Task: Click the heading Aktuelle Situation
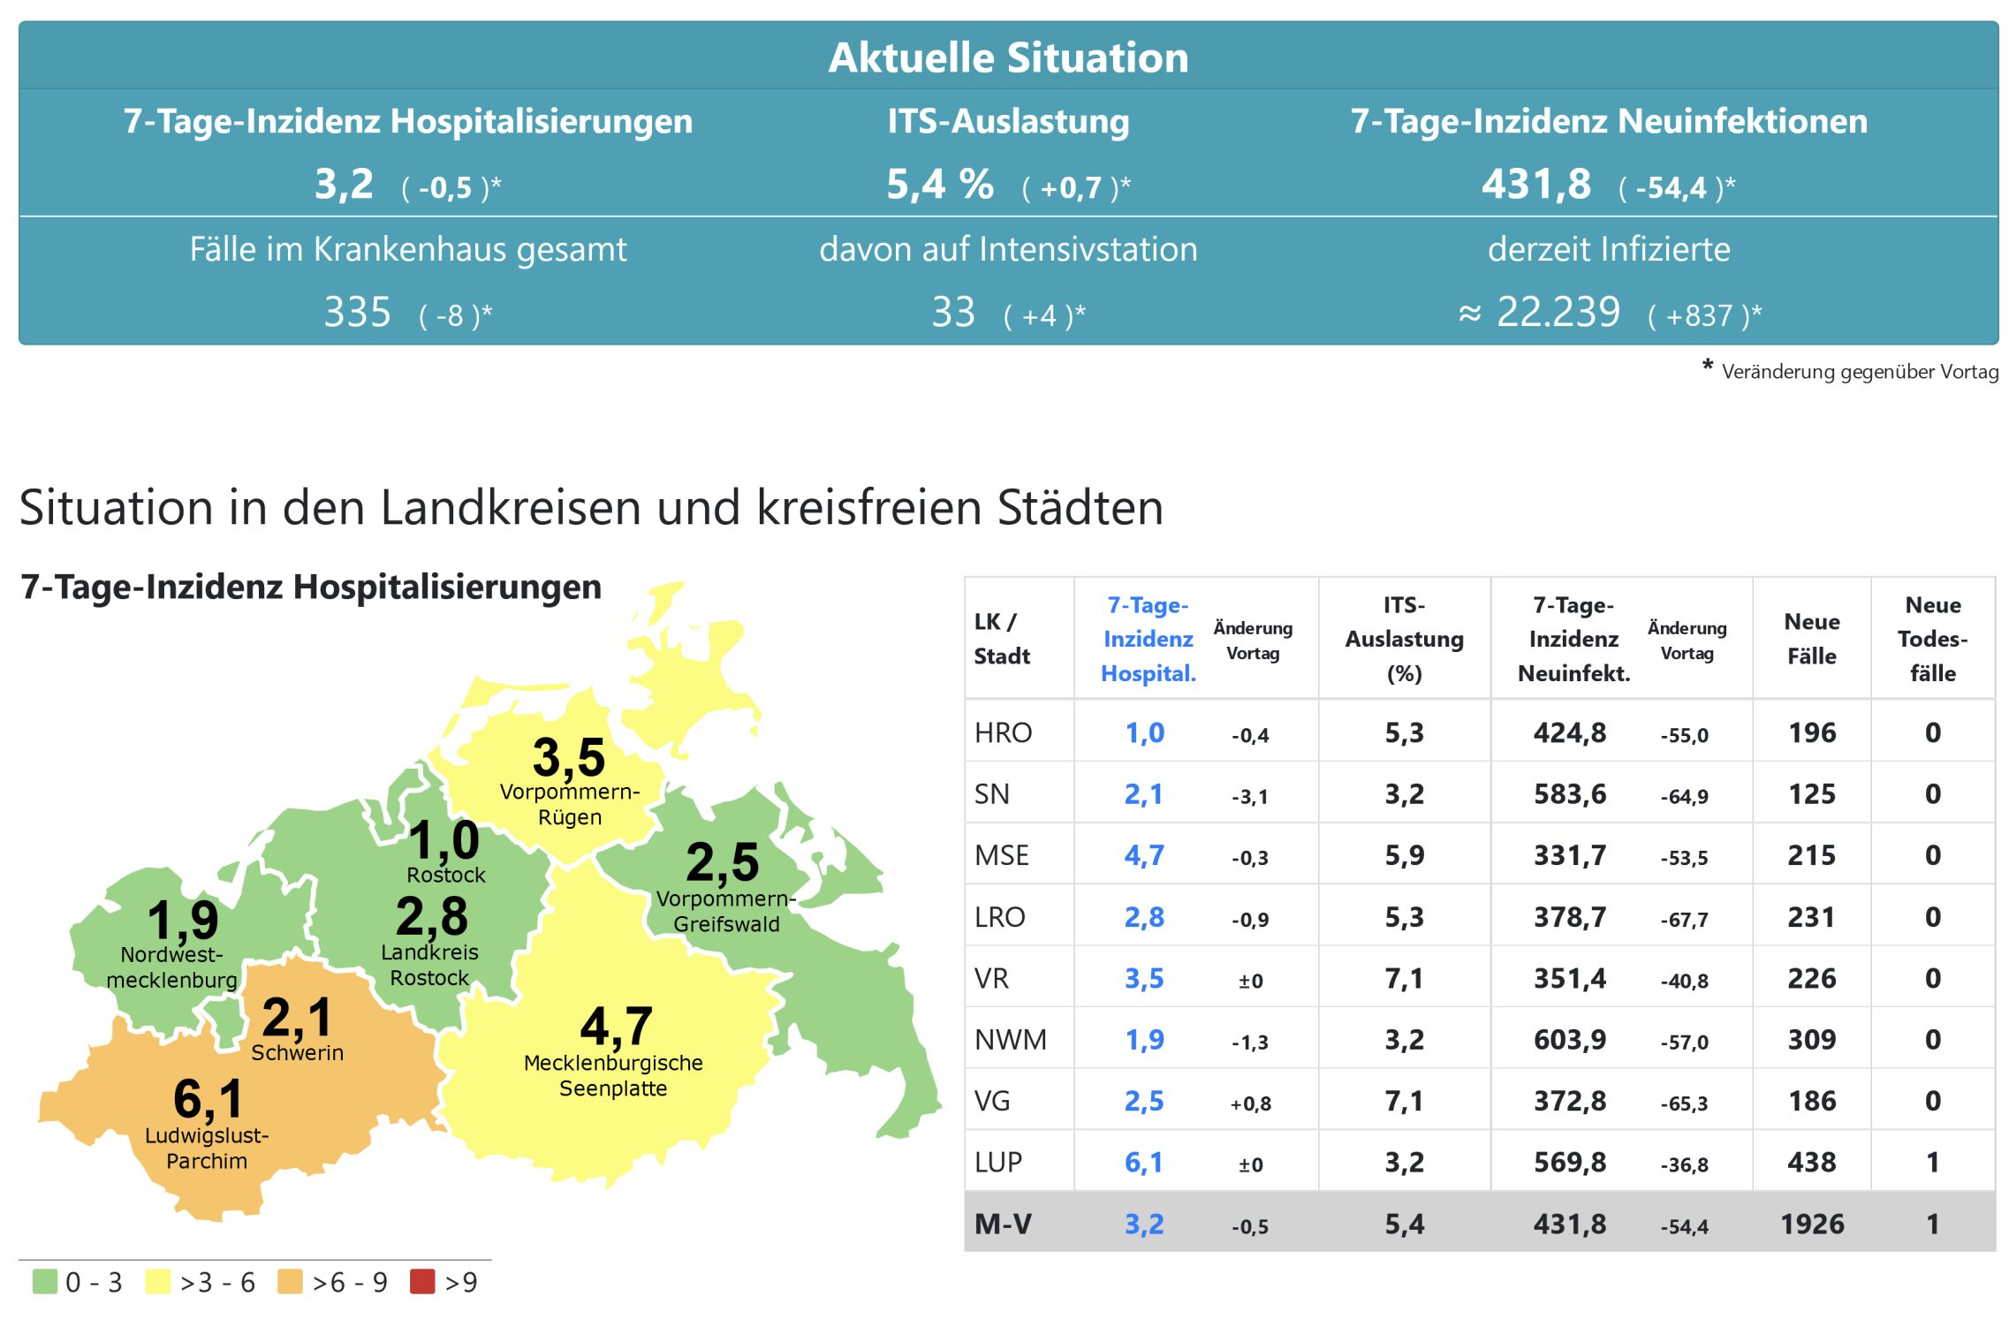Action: [1007, 58]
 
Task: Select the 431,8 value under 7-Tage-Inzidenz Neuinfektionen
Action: [1535, 186]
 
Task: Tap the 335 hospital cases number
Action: [357, 313]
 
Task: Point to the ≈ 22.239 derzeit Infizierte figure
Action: [1540, 313]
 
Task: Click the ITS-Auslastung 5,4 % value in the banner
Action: [939, 186]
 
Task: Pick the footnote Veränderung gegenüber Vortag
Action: [1859, 372]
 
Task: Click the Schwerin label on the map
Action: [297, 1052]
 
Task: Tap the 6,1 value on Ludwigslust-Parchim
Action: [208, 1098]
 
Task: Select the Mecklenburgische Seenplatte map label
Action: [613, 1075]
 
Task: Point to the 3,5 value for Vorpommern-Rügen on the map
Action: [568, 757]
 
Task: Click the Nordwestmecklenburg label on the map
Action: [172, 967]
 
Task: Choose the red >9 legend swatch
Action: [422, 1281]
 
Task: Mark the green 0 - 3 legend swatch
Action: [44, 1281]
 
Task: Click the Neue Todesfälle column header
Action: [1932, 639]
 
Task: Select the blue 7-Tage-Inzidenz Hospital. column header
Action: [1148, 639]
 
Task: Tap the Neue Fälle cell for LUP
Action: [1811, 1162]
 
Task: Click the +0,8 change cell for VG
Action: [1250, 1103]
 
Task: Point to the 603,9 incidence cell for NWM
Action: [1569, 1040]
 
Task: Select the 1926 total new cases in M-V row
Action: [1811, 1224]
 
